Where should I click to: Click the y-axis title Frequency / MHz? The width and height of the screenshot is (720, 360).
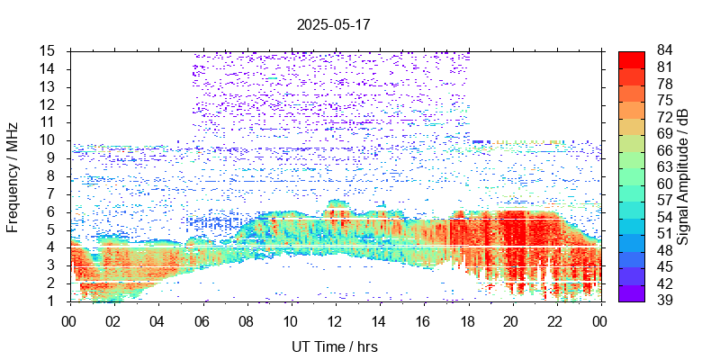[13, 175]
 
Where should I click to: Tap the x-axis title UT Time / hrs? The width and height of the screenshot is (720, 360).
[335, 346]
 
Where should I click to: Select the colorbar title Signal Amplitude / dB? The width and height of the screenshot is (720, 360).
[684, 175]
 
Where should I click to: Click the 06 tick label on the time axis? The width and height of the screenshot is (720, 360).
[202, 321]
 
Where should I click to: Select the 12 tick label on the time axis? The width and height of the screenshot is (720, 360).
[335, 321]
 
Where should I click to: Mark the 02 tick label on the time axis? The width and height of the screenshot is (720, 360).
[114, 321]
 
